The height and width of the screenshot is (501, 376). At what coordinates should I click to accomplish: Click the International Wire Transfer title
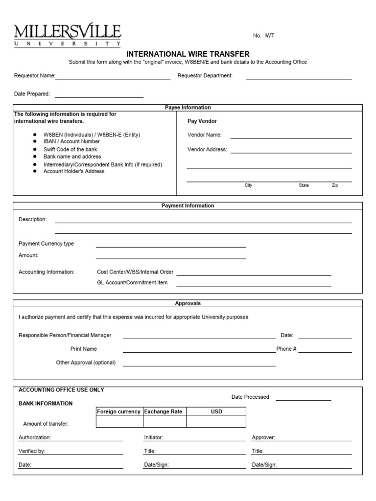click(188, 54)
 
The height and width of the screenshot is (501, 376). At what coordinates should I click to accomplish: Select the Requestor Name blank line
click(112, 77)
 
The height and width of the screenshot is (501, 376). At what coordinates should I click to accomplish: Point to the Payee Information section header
click(188, 108)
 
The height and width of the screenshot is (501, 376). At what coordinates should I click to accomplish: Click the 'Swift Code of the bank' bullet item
click(70, 149)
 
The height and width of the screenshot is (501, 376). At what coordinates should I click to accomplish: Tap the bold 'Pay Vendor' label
click(202, 121)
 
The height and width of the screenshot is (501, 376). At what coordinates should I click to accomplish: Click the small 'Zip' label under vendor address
click(335, 185)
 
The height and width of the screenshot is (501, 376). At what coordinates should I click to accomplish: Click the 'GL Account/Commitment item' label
click(132, 282)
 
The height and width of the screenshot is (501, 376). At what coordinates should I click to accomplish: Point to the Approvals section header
click(188, 303)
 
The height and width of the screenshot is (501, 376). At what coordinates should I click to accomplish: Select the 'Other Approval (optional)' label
click(86, 363)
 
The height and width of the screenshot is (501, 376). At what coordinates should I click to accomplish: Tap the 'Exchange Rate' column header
click(163, 411)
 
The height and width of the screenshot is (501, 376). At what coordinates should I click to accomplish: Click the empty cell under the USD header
click(216, 422)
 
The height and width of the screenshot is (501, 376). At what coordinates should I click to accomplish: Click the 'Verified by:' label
click(32, 451)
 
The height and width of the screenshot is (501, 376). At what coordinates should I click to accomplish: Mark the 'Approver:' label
click(263, 437)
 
